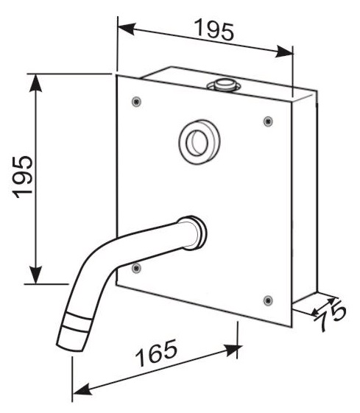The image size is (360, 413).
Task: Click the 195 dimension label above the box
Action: tap(213, 29)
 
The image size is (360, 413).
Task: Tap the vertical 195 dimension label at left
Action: tap(23, 177)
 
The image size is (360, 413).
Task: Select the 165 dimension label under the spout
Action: tap(156, 353)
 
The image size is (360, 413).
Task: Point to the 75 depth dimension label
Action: tap(331, 317)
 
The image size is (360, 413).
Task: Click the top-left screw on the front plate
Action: tap(136, 101)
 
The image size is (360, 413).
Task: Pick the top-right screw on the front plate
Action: tap(268, 121)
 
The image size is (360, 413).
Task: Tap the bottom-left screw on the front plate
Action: tap(136, 268)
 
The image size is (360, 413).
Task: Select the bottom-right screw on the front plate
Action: tap(268, 300)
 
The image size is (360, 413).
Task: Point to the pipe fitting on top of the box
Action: tap(224, 85)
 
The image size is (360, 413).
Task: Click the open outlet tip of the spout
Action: tap(71, 347)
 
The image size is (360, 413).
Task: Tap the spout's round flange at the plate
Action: tap(196, 233)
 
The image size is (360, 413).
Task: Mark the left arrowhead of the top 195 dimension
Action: tap(127, 28)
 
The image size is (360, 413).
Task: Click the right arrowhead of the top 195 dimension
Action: tap(284, 52)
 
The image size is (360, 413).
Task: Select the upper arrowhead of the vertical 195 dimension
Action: tap(35, 83)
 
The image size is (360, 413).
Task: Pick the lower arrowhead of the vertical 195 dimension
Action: tap(35, 275)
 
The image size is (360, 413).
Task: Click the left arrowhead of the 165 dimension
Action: tap(82, 389)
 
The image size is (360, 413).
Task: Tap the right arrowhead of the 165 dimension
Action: tap(233, 350)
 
